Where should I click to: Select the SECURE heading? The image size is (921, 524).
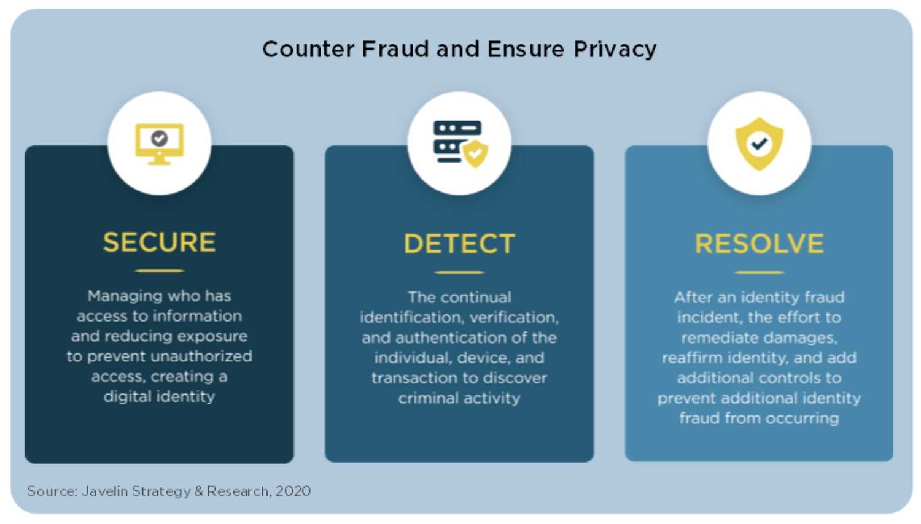tap(159, 242)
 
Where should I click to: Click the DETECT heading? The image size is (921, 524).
tap(459, 244)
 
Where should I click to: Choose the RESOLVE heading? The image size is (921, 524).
tap(760, 244)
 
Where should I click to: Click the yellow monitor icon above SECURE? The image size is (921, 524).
tap(160, 144)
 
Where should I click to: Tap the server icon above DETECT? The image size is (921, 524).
tap(460, 144)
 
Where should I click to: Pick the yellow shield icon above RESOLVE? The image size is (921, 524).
tap(760, 144)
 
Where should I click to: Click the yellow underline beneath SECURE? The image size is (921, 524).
tap(159, 271)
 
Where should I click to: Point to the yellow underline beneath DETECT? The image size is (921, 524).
tap(459, 272)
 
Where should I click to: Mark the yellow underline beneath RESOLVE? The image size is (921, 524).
tap(760, 272)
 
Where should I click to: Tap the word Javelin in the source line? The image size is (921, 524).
tap(105, 491)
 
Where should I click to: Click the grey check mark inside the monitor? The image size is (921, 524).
tap(160, 138)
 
